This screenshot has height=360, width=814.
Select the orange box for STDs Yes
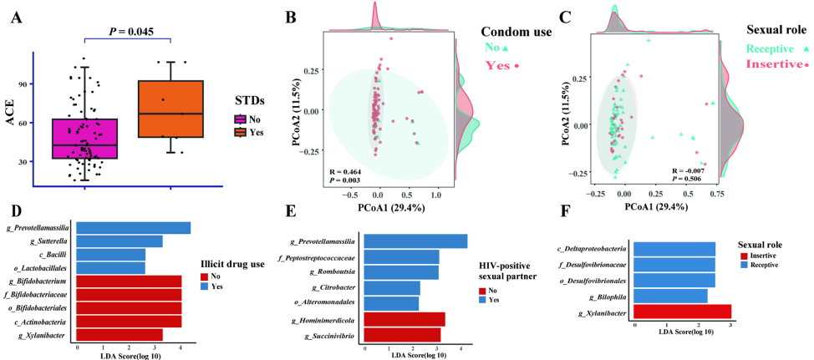(170, 109)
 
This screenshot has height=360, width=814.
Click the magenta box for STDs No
(84, 138)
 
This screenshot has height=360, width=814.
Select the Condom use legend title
(516, 33)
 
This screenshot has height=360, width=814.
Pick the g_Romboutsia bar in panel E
(402, 272)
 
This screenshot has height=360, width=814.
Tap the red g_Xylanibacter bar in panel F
(682, 312)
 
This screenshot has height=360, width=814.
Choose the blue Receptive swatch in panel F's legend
(746, 265)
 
